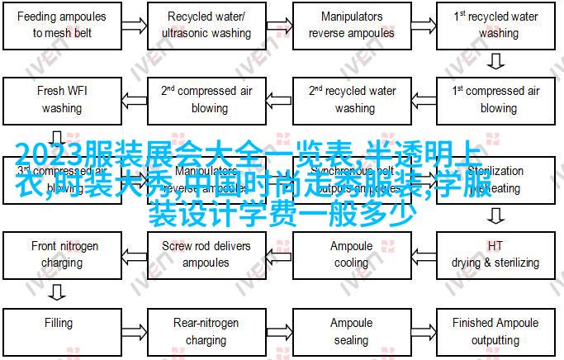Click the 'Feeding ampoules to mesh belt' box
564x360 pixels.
point(62,24)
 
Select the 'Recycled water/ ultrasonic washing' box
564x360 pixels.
point(209,24)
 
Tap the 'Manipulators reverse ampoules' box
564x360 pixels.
point(352,24)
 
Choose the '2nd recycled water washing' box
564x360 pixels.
point(352,99)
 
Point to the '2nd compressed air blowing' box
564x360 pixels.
point(209,99)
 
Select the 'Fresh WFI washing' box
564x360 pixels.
point(62,99)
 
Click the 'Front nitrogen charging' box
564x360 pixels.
point(62,254)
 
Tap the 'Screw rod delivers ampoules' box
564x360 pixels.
point(209,254)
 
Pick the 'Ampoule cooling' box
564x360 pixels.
point(352,254)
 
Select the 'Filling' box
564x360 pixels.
point(62,330)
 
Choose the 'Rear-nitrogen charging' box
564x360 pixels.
point(209,330)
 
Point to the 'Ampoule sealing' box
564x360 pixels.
point(352,330)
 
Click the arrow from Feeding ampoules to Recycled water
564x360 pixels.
point(135,24)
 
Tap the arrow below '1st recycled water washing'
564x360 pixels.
point(495,61)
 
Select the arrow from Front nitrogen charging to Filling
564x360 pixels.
point(56,292)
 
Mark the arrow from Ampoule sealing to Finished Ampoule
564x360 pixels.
point(424,330)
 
